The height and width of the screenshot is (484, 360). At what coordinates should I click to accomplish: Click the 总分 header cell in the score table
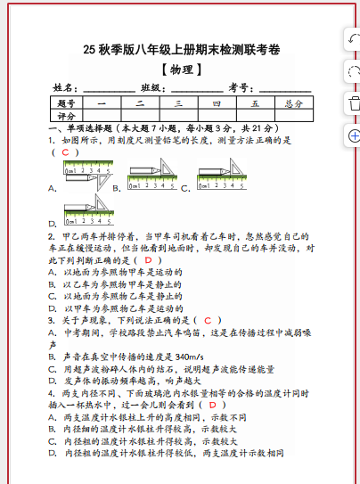tap(293, 103)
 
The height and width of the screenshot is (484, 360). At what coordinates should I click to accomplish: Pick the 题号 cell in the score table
tap(67, 103)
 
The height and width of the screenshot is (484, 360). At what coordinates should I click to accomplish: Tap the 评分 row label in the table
tap(67, 116)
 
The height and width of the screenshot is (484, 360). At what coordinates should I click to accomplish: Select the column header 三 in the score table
tap(178, 103)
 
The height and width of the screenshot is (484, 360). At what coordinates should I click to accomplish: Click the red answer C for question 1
tap(64, 152)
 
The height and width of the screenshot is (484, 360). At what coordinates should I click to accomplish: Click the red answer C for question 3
tap(207, 319)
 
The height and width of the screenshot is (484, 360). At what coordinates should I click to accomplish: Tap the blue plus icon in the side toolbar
tap(353, 135)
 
